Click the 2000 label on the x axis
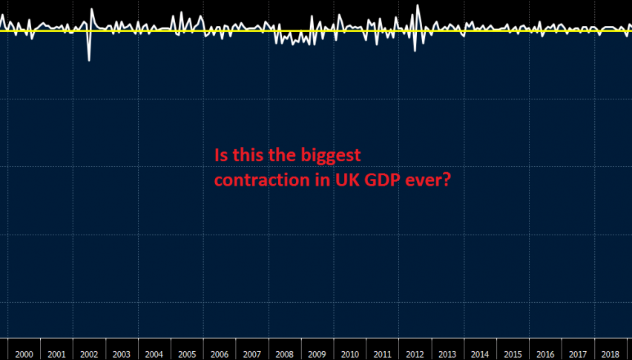coord(24,355)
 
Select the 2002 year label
coord(89,355)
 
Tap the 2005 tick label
coord(187,355)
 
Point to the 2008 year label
coord(284,355)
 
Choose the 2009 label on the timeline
coord(317,355)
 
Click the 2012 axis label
coord(414,355)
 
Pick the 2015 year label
coord(512,355)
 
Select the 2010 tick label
coord(349,355)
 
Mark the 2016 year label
coord(544,355)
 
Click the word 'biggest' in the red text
coord(331,156)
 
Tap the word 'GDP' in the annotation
coord(379,180)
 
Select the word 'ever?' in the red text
coord(428,180)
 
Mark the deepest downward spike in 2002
coord(89,60)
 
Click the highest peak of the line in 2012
coord(418,6)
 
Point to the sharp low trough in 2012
coord(414,50)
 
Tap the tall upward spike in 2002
coord(92,10)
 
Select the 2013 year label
coord(447,355)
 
